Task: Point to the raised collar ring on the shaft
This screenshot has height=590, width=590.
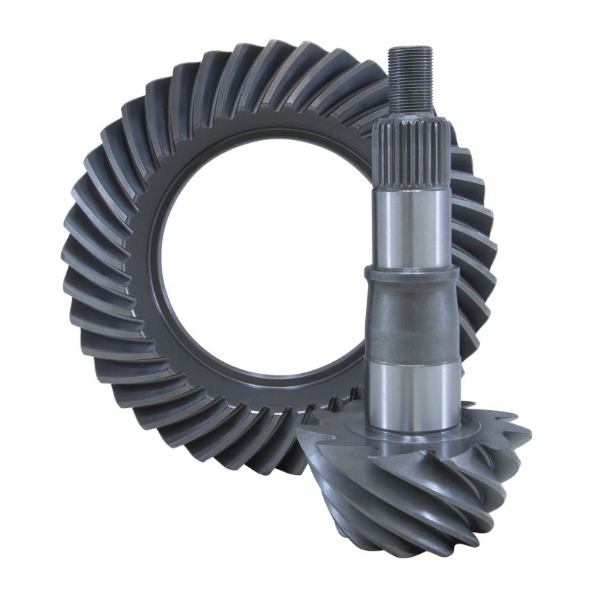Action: click(x=411, y=274)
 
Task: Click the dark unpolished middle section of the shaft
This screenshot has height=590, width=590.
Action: click(x=412, y=317)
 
